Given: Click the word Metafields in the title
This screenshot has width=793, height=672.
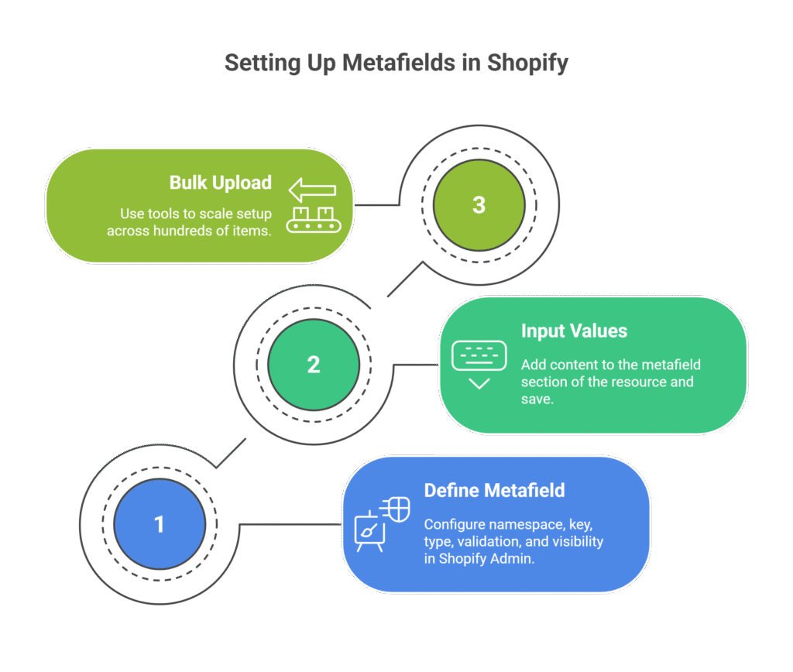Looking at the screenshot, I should coord(399,63).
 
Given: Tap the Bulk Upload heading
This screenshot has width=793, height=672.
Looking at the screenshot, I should coord(221,183).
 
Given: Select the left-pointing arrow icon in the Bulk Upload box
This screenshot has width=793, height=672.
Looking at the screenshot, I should coord(312,190).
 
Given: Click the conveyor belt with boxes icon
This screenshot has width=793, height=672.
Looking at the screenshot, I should coord(312,219).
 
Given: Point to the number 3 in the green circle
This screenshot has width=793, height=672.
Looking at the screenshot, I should coord(479,205).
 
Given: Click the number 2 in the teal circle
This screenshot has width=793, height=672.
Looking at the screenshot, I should coord(314,365).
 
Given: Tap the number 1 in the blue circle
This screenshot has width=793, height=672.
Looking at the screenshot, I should coord(160,525).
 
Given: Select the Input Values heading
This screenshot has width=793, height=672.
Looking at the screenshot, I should coord(574,331).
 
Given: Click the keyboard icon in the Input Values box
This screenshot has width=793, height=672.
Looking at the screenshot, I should coord(479,355).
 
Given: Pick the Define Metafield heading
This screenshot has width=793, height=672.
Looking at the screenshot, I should coord(494,491).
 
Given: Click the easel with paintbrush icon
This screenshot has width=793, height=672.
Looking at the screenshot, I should coord(369,533).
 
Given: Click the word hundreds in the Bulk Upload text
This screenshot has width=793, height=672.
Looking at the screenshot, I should coord(182,231).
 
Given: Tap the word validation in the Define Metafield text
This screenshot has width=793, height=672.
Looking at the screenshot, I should coord(490,542).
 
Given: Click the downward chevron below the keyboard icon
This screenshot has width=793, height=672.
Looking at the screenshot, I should coord(479,384).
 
